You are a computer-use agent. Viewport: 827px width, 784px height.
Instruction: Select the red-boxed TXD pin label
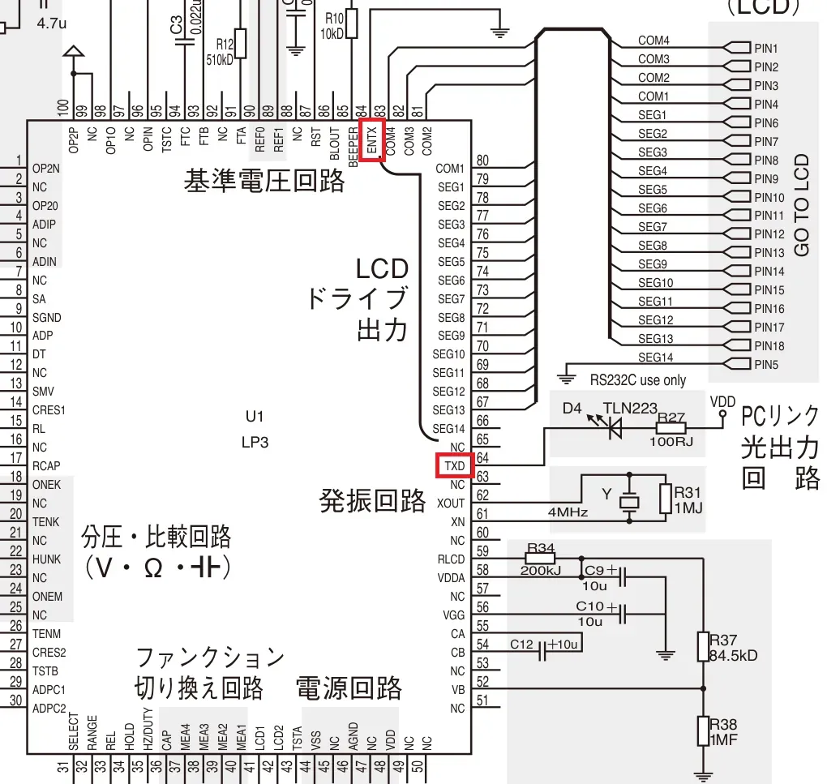click(x=454, y=465)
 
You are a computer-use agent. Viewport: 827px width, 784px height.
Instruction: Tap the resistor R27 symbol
click(x=672, y=428)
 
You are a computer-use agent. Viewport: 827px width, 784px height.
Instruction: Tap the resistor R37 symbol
click(x=703, y=647)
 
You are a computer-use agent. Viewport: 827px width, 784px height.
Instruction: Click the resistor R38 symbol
click(x=703, y=730)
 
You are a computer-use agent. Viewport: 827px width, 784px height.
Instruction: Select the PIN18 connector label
click(x=769, y=346)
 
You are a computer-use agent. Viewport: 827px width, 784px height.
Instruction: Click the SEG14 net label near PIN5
click(x=655, y=358)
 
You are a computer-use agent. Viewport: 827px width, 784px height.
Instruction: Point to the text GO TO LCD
click(x=803, y=207)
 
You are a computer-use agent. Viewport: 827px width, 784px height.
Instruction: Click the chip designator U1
click(x=255, y=417)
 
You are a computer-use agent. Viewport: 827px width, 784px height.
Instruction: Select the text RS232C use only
click(x=637, y=380)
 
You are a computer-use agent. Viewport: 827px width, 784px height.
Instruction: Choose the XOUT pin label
click(x=451, y=503)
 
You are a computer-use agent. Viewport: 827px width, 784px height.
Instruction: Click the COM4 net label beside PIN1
click(x=653, y=41)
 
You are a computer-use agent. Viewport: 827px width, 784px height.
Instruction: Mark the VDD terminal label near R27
click(x=722, y=401)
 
